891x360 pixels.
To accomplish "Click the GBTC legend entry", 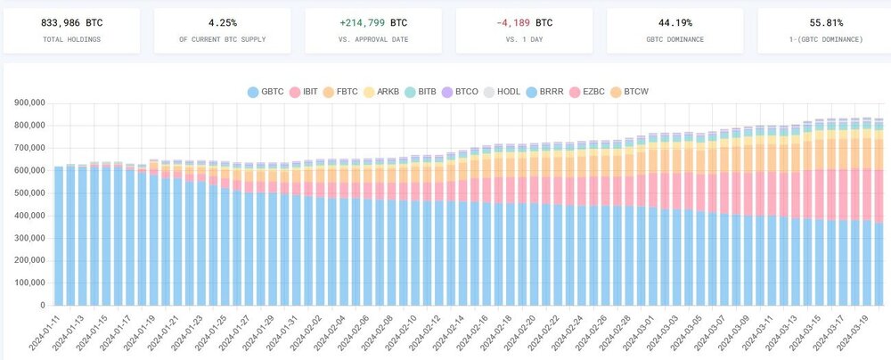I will [x=265, y=91].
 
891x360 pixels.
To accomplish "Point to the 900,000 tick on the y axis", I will [x=29, y=103].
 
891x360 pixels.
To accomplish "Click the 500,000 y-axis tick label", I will [x=29, y=192].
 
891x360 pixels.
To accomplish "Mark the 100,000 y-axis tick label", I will [x=29, y=282].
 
